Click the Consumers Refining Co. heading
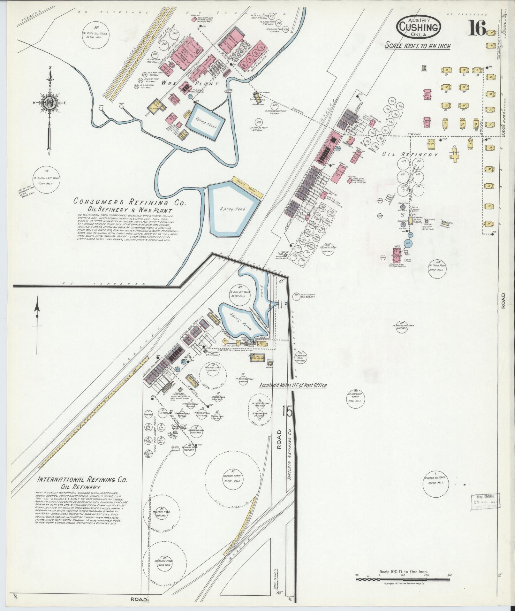(x=129, y=202)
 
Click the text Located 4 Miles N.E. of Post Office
(x=293, y=386)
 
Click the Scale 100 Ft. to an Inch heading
(x=417, y=46)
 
